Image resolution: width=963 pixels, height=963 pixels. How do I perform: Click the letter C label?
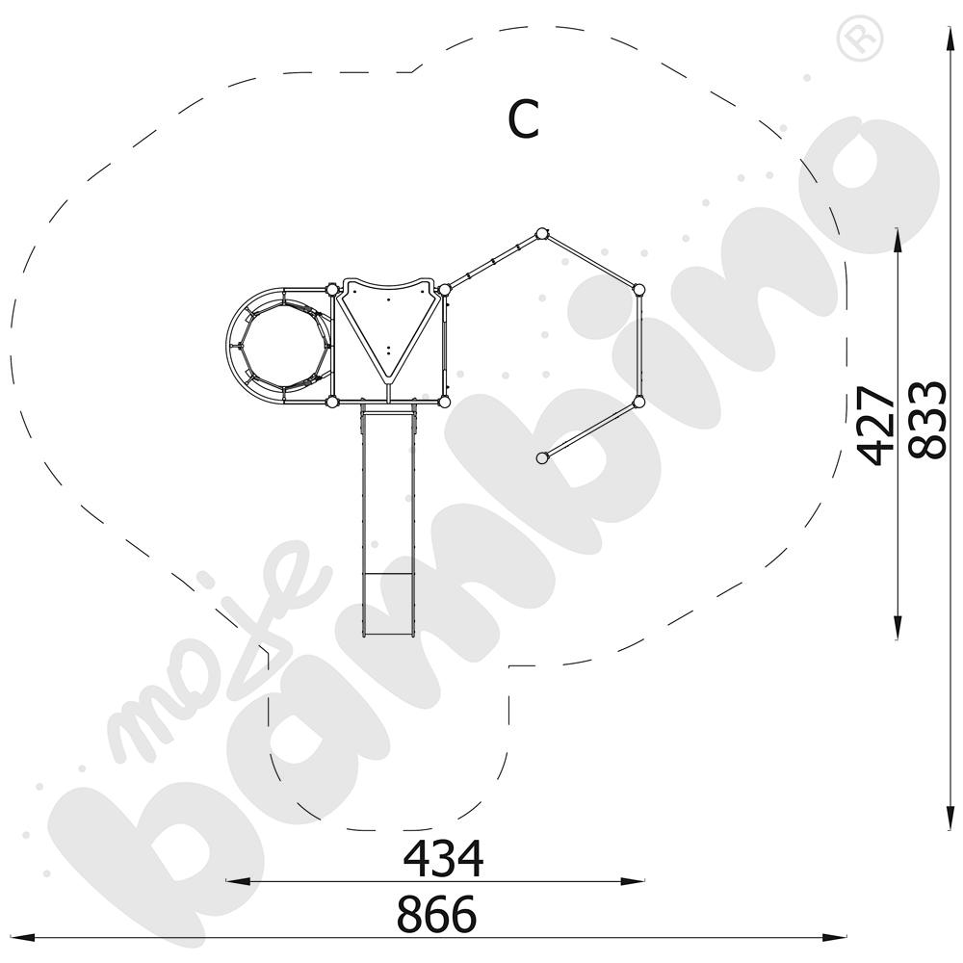[x=523, y=118]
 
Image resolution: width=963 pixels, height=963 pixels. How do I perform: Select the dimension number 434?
[x=443, y=859]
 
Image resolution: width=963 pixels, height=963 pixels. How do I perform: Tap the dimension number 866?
[x=436, y=914]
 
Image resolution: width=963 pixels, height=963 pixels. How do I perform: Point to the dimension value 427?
[x=876, y=425]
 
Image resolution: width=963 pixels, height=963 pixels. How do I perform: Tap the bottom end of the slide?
[x=388, y=636]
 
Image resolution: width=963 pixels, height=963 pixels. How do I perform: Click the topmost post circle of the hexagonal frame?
[x=541, y=233]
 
